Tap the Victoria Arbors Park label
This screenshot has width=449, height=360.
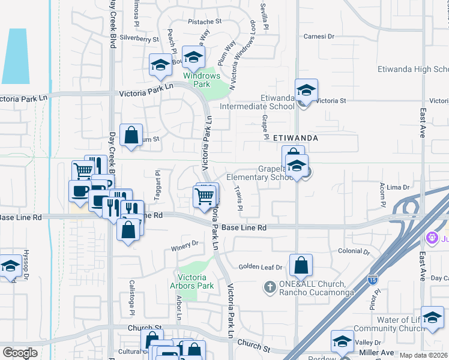(197, 281)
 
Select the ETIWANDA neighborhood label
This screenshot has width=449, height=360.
(295, 137)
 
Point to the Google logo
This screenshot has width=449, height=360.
(20, 353)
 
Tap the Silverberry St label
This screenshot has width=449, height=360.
(139, 38)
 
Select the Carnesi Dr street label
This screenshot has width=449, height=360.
(319, 37)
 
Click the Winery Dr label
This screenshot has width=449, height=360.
(184, 244)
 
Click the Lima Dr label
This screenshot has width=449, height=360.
(397, 187)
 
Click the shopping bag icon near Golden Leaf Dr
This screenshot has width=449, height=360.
(301, 265)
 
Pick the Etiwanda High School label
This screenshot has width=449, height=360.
(413, 70)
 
